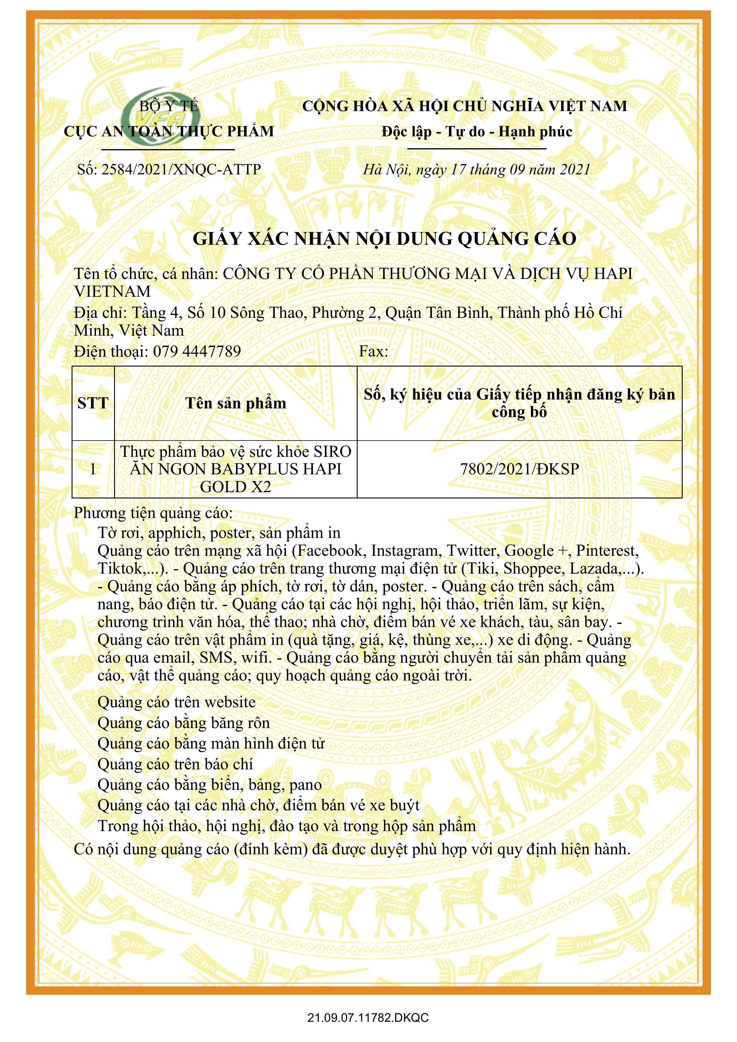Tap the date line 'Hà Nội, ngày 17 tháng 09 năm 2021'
tap(476, 170)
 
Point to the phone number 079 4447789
tap(197, 351)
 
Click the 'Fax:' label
tap(373, 351)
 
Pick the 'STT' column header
tap(93, 403)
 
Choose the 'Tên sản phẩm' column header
tap(236, 403)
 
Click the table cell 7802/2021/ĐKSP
tap(519, 469)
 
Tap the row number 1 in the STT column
tap(93, 469)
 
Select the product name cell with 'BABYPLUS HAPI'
tap(236, 469)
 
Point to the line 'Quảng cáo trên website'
tap(176, 702)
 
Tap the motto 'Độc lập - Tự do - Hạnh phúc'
tap(476, 132)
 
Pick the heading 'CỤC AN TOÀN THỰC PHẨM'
tap(169, 132)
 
